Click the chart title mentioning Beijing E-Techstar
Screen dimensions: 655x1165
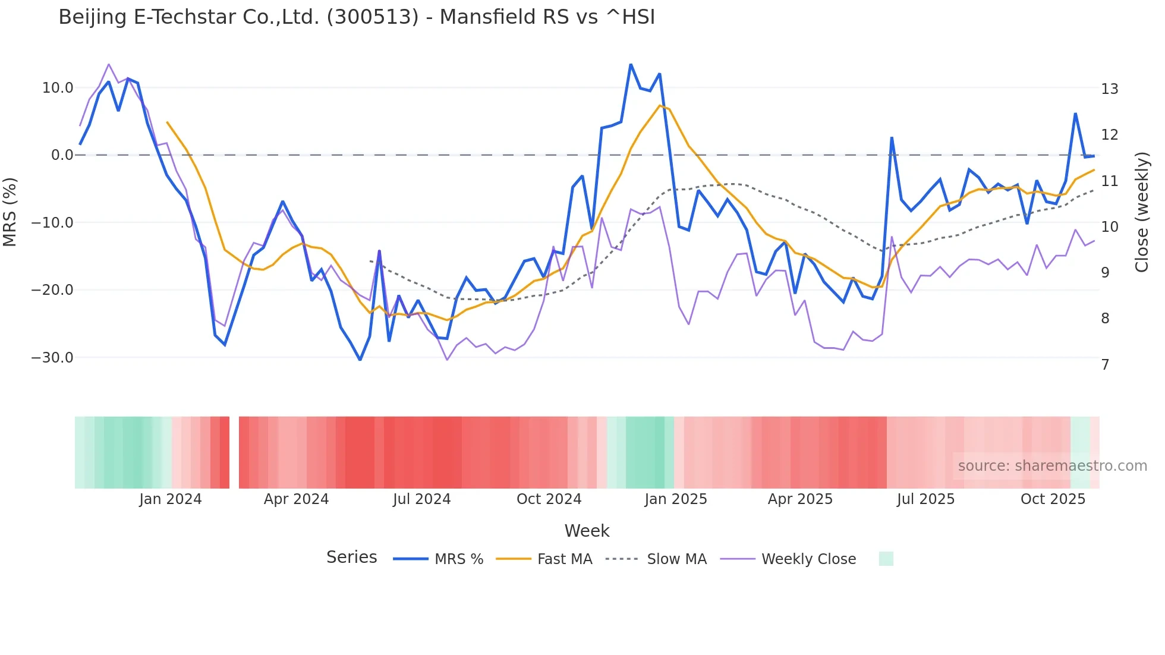click(357, 17)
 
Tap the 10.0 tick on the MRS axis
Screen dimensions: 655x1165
click(58, 88)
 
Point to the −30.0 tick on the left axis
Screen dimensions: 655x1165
click(52, 358)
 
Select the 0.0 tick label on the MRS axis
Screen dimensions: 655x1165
click(62, 155)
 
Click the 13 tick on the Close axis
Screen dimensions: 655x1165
click(1109, 89)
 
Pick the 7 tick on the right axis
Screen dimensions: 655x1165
click(1105, 365)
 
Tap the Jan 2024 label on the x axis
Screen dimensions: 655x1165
click(171, 499)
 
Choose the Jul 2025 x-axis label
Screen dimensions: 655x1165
click(925, 499)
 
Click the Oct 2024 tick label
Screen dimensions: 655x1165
click(549, 499)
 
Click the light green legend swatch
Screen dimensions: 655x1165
click(886, 559)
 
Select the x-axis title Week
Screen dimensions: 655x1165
click(587, 531)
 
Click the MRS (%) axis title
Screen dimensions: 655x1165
click(10, 212)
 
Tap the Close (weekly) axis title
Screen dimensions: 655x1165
click(1141, 212)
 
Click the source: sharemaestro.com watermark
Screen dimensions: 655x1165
click(1052, 466)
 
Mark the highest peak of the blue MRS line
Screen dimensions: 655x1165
click(631, 65)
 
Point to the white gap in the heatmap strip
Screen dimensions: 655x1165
click(234, 452)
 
